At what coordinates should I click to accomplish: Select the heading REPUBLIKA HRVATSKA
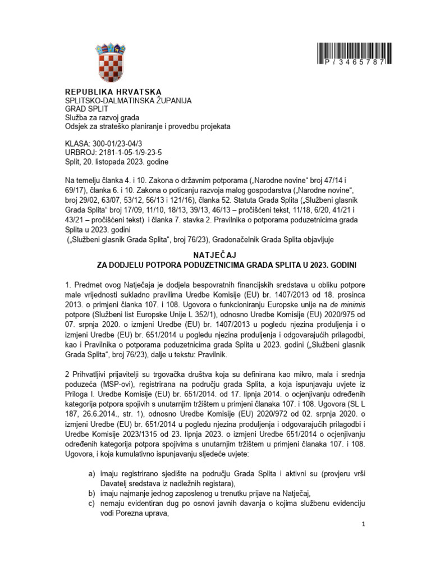click(x=113, y=92)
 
